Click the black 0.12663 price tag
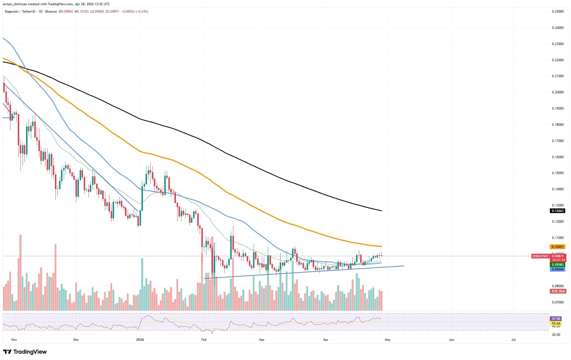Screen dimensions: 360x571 click(557, 211)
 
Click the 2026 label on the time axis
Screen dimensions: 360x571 click(140, 340)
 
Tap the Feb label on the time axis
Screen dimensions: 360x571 click(204, 340)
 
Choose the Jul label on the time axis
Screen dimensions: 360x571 click(513, 340)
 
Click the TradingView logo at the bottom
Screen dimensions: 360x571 click(25, 352)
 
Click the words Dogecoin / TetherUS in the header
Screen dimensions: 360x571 click(18, 12)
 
